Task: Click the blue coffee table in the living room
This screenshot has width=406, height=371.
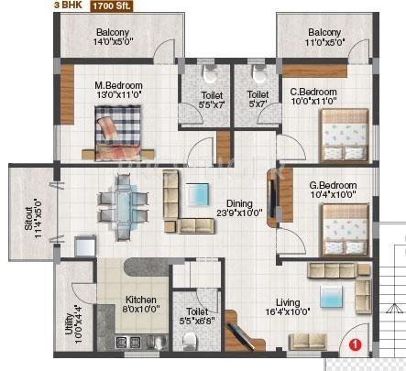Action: [x=328, y=295]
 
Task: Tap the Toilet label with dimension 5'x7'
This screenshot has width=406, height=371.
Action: [x=258, y=99]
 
